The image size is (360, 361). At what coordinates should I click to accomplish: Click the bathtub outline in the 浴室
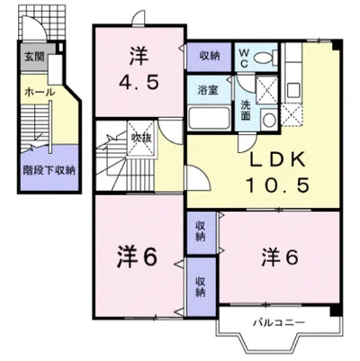pos(211,119)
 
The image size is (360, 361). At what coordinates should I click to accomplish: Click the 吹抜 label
pos(141,137)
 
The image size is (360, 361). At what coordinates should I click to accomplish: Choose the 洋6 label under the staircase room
pos(137,256)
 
